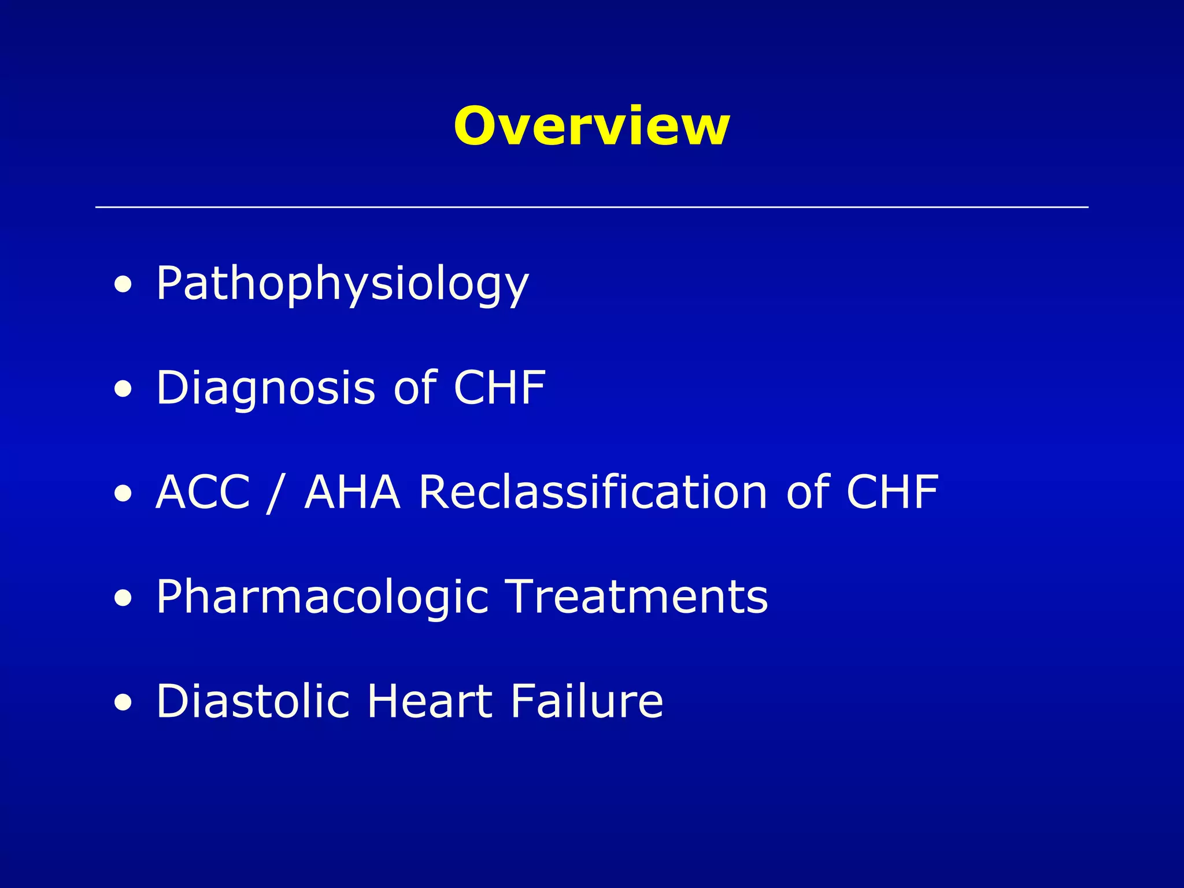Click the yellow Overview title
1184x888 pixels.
coord(591,126)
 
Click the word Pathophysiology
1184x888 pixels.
coord(342,284)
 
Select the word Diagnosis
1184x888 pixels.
coord(266,388)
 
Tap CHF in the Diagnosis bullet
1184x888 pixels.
coord(499,387)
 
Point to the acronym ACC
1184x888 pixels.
coord(202,492)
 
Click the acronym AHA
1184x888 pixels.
coord(352,492)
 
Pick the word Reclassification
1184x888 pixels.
coord(593,492)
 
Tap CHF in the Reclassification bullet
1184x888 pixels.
coord(892,492)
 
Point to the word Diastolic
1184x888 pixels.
coord(253,701)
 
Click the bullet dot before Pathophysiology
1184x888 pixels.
coord(122,284)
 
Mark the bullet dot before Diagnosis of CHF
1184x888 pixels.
coord(122,389)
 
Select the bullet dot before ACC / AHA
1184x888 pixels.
coord(122,494)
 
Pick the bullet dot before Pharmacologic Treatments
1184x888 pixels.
coord(122,598)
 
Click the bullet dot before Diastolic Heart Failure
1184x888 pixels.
coord(122,703)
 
